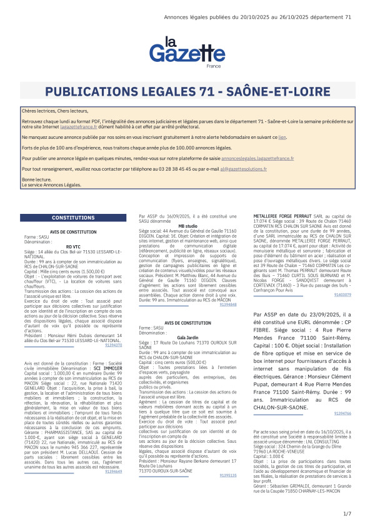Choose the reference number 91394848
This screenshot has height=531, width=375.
(229, 304)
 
